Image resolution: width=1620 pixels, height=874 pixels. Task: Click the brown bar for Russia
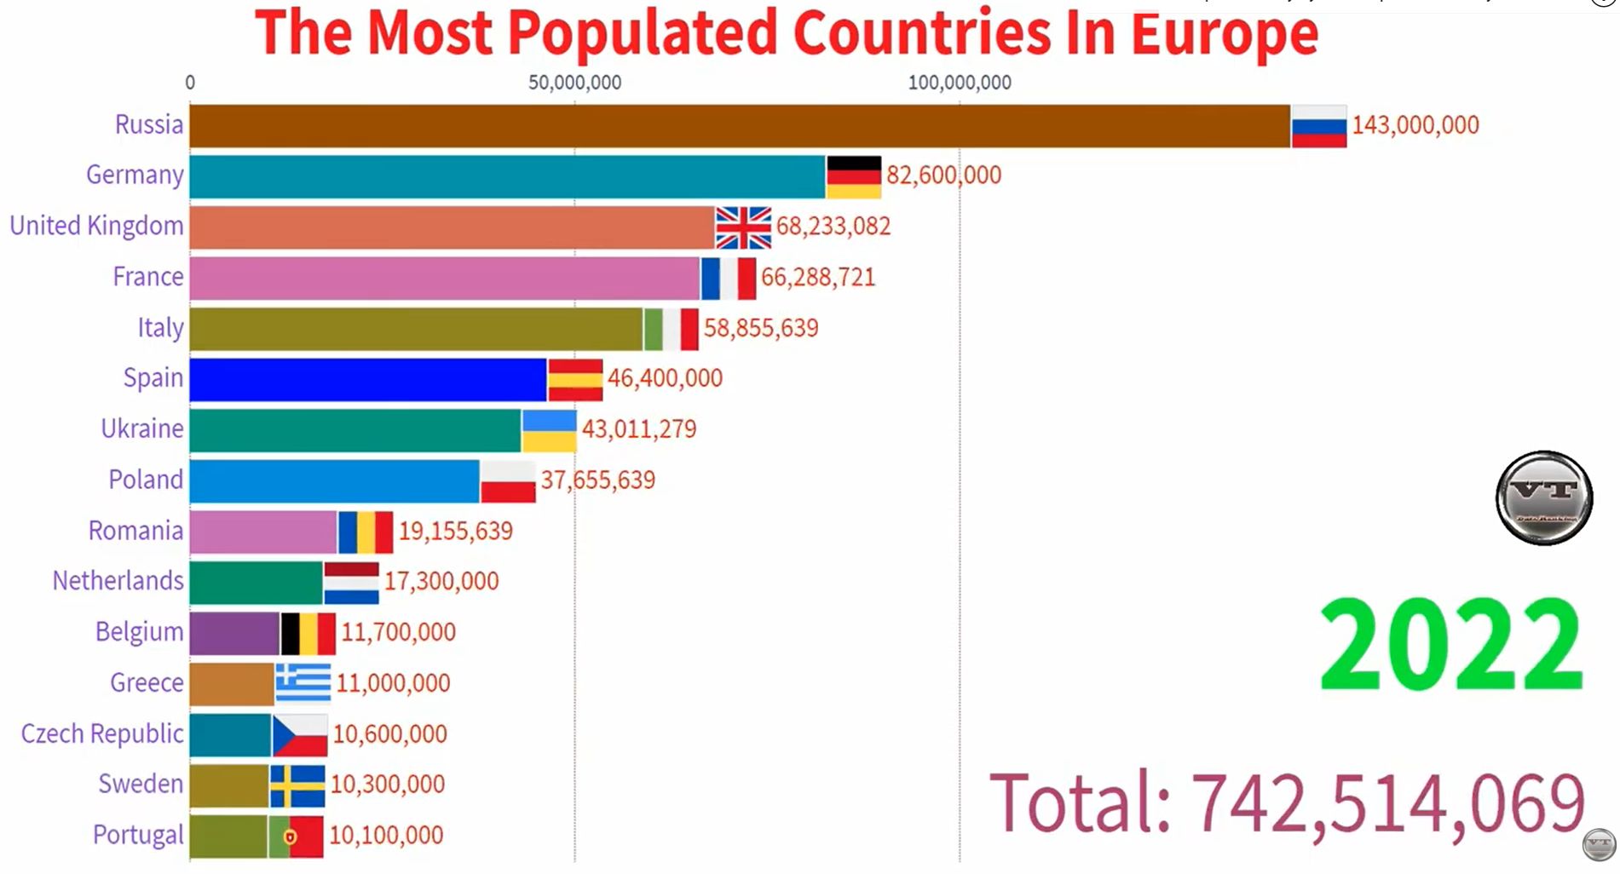(739, 126)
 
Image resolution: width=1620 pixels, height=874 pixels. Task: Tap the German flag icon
(853, 176)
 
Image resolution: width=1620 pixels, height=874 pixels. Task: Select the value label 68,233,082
(833, 227)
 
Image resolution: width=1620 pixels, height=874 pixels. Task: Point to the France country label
(148, 277)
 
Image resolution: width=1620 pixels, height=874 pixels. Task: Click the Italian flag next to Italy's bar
(671, 329)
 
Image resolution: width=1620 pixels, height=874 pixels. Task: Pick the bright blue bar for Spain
(367, 379)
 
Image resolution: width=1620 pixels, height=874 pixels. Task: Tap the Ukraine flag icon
(549, 430)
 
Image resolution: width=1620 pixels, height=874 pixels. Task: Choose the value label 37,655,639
(597, 480)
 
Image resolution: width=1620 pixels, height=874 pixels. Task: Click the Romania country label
(135, 531)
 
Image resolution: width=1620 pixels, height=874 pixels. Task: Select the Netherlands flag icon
(351, 583)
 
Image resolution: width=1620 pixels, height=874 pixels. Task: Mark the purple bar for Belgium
(234, 633)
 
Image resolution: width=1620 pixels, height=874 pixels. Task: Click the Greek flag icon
(303, 683)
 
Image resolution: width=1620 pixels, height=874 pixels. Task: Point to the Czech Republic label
(102, 733)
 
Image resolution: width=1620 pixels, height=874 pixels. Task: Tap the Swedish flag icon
(297, 785)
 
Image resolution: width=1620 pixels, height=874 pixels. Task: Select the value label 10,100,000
(386, 836)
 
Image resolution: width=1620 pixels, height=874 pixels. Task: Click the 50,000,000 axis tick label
(574, 83)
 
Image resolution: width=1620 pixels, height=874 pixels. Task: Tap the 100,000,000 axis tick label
(960, 83)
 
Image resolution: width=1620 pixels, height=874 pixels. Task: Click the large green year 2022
(1450, 645)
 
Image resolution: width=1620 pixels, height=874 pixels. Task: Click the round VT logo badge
(1544, 497)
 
